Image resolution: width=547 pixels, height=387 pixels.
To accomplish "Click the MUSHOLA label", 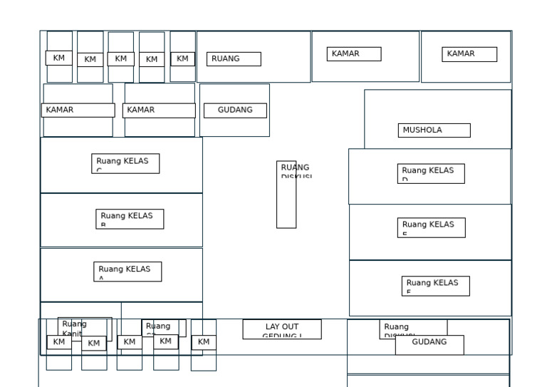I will (434, 130).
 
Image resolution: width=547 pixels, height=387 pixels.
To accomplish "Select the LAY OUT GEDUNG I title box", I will (282, 329).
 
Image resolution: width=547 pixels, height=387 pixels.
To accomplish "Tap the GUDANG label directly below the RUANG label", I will (235, 110).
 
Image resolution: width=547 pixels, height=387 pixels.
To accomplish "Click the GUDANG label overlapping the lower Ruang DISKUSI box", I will (429, 343).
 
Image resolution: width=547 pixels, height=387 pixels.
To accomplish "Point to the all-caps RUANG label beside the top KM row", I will (234, 59).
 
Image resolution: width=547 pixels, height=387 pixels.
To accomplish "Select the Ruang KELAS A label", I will (127, 272).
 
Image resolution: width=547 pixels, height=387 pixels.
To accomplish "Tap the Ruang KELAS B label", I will (130, 219).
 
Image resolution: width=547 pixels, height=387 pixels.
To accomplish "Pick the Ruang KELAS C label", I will (125, 163).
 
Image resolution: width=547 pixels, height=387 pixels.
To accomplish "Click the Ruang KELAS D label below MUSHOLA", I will (431, 173).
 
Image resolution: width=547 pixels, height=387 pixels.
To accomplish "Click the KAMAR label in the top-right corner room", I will (469, 54).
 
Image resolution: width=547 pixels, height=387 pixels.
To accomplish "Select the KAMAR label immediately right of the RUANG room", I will (354, 54).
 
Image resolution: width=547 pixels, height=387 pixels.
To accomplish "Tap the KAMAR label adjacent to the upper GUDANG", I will (159, 110).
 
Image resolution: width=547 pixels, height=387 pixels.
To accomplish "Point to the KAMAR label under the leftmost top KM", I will (78, 110).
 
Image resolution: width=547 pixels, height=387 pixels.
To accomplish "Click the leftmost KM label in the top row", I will (59, 58).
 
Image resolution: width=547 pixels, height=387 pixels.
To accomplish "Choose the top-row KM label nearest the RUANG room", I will (182, 59).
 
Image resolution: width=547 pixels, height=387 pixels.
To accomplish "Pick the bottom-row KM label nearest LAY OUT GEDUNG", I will (204, 343).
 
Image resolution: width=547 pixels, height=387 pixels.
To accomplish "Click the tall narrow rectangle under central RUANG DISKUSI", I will (286, 203).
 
